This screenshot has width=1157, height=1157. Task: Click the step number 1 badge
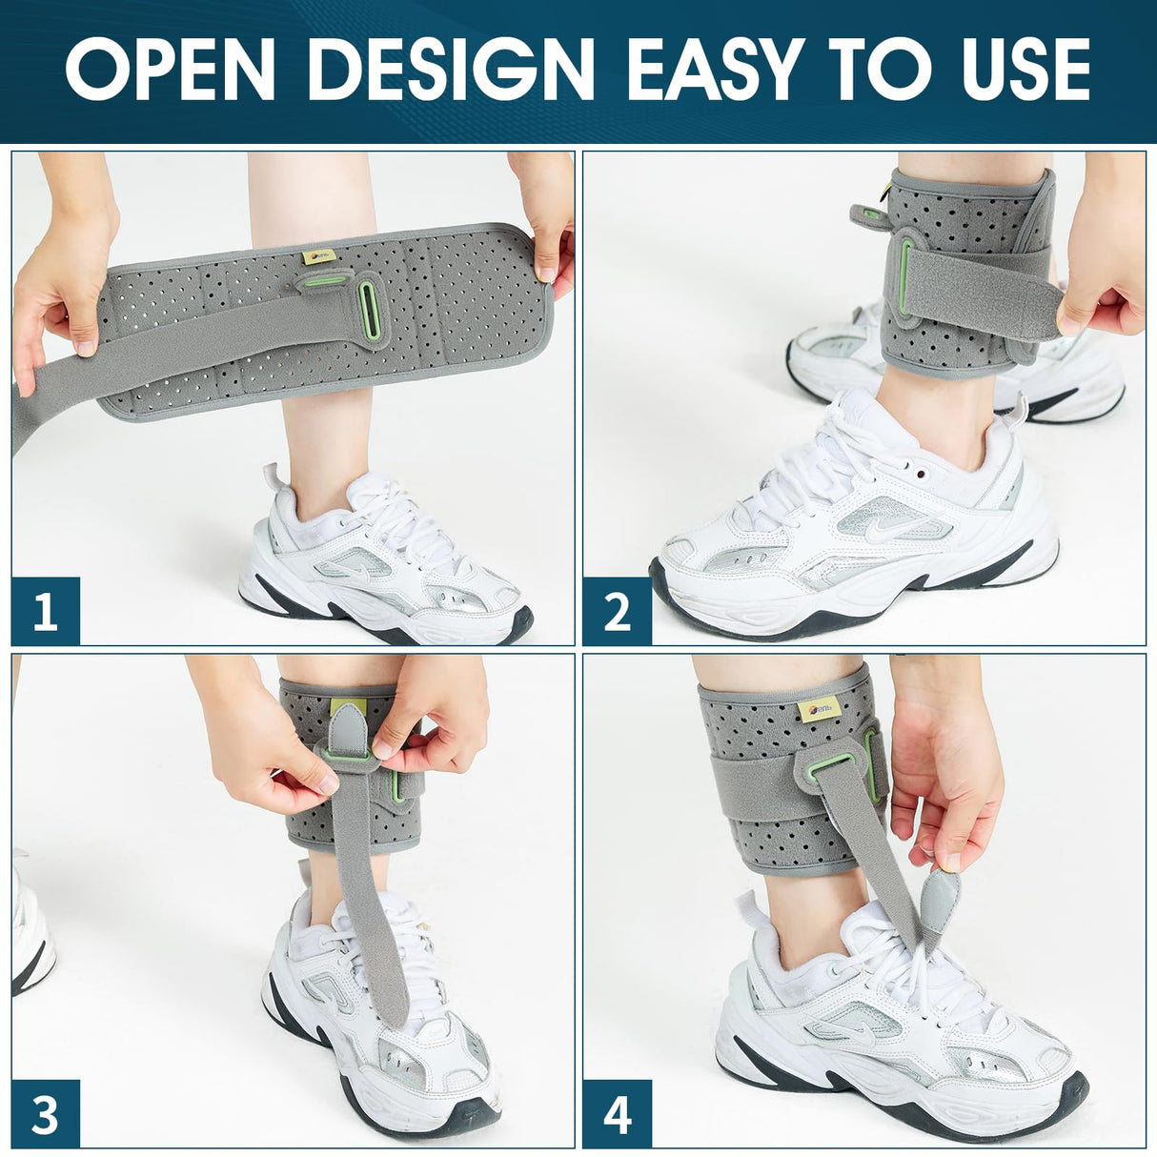click(x=45, y=611)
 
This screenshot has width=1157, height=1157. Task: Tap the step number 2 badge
click(x=617, y=611)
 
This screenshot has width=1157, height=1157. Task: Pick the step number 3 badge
click(x=45, y=1113)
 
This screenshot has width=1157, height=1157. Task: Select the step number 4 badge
click(x=617, y=1113)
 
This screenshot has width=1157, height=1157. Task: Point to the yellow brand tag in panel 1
click(x=315, y=256)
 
